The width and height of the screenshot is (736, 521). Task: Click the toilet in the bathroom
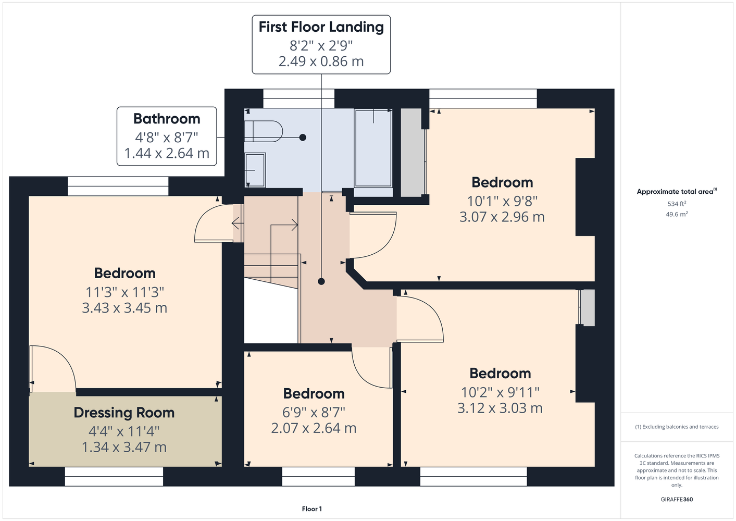(264, 131)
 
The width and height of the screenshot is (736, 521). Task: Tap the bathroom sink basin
(255, 170)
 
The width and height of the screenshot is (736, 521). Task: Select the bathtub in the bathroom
(373, 148)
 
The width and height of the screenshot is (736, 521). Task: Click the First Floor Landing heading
(321, 27)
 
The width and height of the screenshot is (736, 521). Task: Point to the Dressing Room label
(124, 413)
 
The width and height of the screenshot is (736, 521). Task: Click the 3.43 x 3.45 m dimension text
(124, 308)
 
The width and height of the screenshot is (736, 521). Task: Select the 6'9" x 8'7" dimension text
(314, 412)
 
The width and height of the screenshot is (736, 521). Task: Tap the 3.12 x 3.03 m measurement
(500, 408)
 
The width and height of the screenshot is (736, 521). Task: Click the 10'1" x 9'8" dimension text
(502, 201)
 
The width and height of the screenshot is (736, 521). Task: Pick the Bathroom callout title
(167, 119)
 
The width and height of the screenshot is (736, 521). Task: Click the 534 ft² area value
(677, 204)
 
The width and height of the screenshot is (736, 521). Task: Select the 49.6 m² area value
(677, 214)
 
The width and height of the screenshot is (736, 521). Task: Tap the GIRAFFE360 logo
(677, 499)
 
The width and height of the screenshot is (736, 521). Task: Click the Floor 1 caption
(312, 509)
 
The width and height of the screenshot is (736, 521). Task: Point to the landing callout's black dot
(321, 281)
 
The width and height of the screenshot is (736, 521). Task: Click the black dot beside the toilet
(303, 138)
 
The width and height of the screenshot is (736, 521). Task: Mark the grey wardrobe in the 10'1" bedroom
(411, 153)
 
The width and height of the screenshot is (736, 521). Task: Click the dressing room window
(114, 477)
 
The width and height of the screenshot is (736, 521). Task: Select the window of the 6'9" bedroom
(318, 477)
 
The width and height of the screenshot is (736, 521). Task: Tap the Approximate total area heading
(677, 191)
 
